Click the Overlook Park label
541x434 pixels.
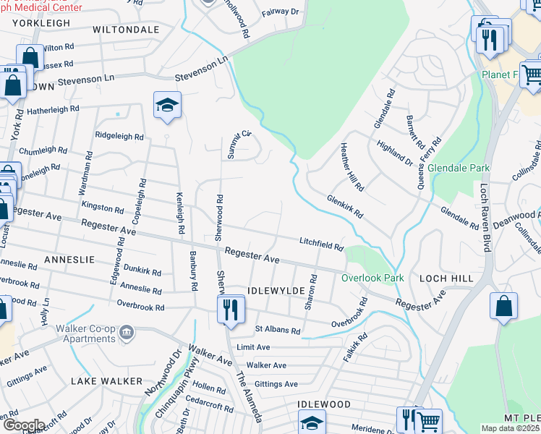(372, 278)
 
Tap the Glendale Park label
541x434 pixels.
(459, 168)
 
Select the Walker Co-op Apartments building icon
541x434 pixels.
(127, 333)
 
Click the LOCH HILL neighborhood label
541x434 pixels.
(447, 278)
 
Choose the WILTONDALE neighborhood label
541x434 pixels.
(126, 30)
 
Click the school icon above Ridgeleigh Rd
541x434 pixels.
(166, 106)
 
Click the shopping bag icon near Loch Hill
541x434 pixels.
(503, 305)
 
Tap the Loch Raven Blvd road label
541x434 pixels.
(485, 218)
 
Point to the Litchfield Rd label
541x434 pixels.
(322, 244)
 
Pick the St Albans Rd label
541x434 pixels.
(278, 330)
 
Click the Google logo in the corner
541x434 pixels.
(23, 425)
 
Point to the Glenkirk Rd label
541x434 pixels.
(344, 206)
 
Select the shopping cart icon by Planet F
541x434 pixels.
(532, 74)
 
